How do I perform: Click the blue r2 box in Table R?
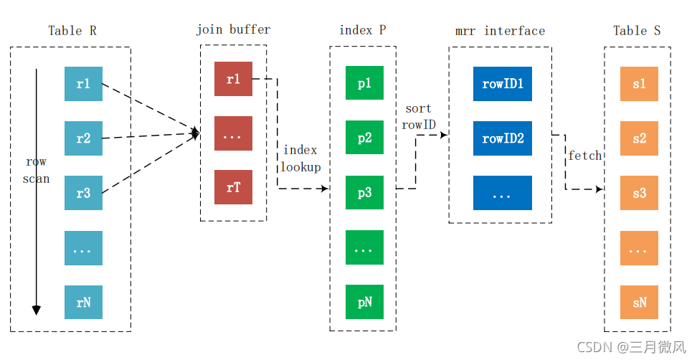pos(84,138)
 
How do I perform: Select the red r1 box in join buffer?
pos(233,79)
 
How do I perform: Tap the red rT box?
pos(233,187)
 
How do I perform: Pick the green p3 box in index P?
pos(364,192)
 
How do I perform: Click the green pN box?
pos(364,302)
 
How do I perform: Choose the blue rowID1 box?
pos(502,84)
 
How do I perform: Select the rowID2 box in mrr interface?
pos(502,138)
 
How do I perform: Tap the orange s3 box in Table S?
pos(639,193)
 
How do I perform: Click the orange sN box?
pos(639,302)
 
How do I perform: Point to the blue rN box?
pos(84,302)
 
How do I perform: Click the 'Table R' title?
pos(72,31)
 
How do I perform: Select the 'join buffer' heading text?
pos(233,30)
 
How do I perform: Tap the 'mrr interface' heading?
pos(500,31)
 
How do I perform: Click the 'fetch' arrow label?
pos(585,156)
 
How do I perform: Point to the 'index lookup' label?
pos(300,158)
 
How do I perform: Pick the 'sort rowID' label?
pos(418,116)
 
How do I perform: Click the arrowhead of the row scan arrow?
pos(37,311)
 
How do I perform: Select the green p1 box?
pos(364,82)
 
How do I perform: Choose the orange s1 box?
pos(639,84)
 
